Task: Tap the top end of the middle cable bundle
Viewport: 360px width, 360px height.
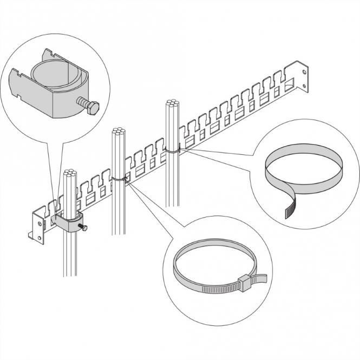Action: coord(117,131)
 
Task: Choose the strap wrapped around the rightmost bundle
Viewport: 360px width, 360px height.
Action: coord(172,150)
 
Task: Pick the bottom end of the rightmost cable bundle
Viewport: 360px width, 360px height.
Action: coord(173,205)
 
